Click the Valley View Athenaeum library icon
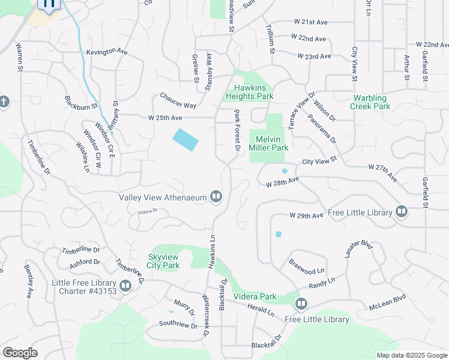215,197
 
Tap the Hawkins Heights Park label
250,92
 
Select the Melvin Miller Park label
268,143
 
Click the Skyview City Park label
163,261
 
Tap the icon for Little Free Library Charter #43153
125,286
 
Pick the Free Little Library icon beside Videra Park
301,304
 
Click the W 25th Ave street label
165,118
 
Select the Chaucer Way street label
178,101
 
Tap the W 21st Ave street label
310,22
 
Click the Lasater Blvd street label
359,249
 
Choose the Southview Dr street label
178,325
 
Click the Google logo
20,353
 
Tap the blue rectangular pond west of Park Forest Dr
185,140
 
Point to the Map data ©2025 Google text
411,355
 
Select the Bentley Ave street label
28,281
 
